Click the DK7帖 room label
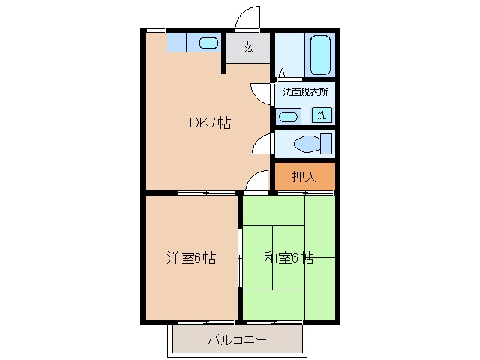[x=210, y=123]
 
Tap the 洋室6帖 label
[x=191, y=258]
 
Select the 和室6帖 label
[x=289, y=258]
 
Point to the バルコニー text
[x=238, y=340]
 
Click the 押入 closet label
[x=304, y=177]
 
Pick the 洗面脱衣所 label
[x=305, y=91]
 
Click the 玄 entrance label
[x=247, y=47]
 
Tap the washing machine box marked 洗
[x=322, y=115]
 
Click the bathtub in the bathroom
[x=320, y=55]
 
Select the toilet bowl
[x=307, y=144]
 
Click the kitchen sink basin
[x=208, y=43]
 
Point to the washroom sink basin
[x=289, y=117]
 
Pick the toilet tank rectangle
[x=326, y=144]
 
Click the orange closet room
[x=305, y=176]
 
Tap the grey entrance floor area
[x=248, y=48]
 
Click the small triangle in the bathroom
[x=282, y=73]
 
